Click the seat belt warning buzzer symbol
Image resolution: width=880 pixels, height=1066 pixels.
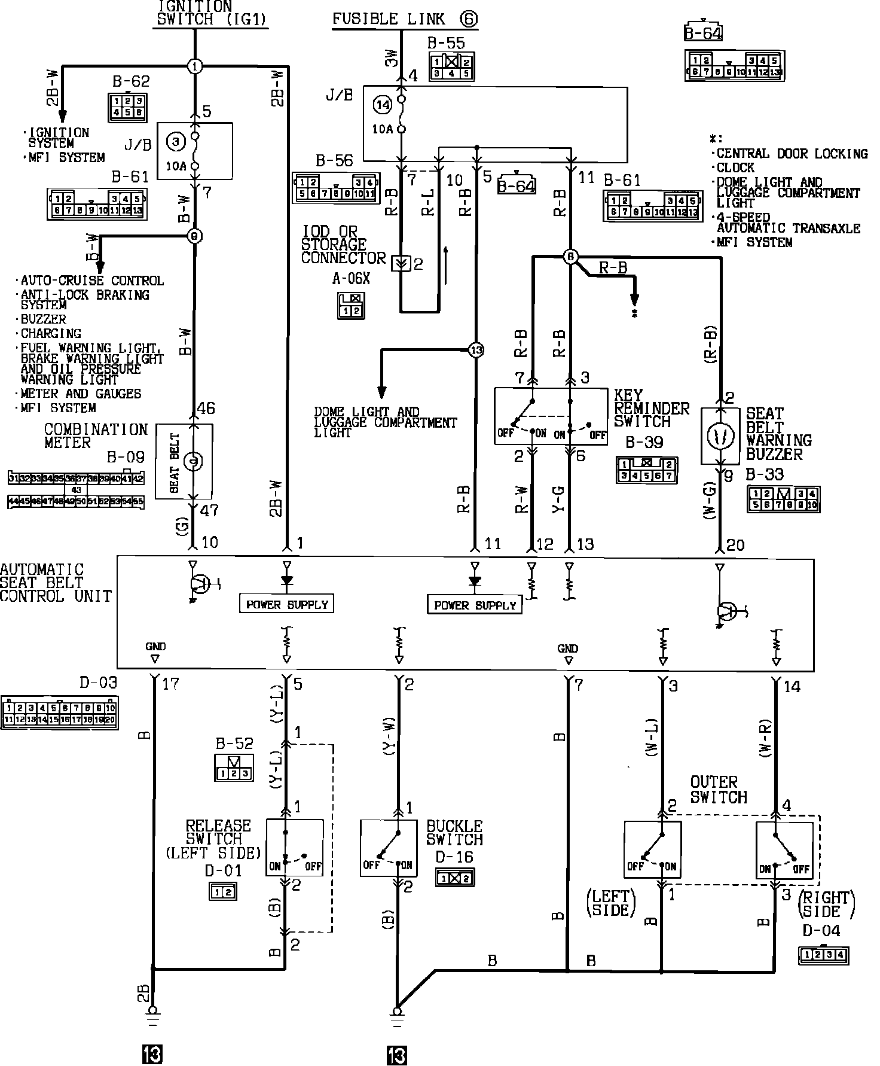coord(722,437)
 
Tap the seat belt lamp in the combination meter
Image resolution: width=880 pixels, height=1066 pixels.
coord(192,461)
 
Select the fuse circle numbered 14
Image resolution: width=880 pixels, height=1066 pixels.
coord(382,105)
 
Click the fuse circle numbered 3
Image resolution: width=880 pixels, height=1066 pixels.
coord(175,142)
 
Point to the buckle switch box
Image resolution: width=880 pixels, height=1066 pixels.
coord(389,848)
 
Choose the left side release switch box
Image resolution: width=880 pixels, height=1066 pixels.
coord(295,848)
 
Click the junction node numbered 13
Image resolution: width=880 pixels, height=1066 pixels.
coord(475,350)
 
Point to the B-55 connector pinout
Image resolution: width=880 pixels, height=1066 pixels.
coord(451,67)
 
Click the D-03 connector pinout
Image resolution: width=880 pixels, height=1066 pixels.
coord(60,712)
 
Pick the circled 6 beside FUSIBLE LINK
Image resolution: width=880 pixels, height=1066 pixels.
coord(469,19)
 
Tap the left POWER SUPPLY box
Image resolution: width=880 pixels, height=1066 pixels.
coord(287,604)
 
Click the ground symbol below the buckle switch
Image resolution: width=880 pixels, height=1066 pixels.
coord(397,1012)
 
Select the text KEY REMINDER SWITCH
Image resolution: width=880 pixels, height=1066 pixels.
coord(652,409)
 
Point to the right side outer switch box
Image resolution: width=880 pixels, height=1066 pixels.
coord(784,849)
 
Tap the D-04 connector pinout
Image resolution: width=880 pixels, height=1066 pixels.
coord(824,955)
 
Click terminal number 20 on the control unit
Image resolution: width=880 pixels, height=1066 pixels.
coord(735,544)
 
